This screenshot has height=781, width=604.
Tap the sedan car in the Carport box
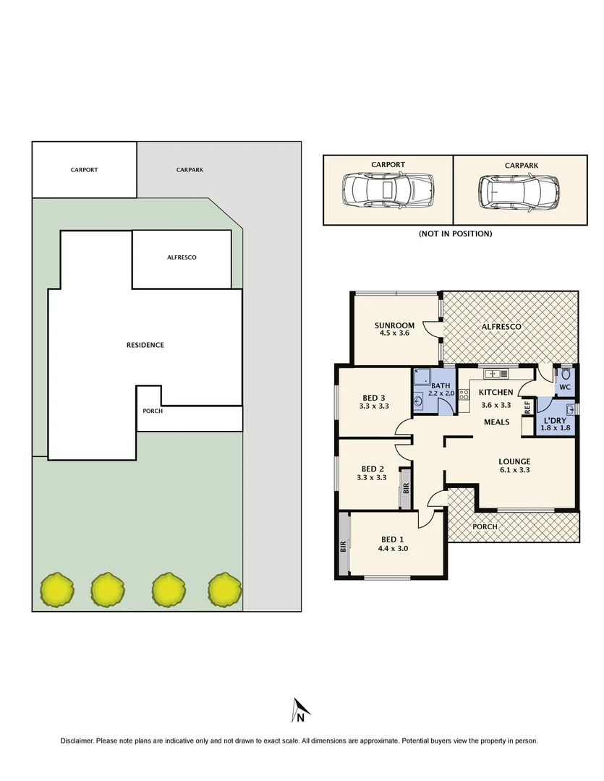[x=387, y=191]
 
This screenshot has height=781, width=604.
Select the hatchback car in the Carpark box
[x=519, y=192]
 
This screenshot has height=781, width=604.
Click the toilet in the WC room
[x=565, y=376]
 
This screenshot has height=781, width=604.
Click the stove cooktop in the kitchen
[x=464, y=396]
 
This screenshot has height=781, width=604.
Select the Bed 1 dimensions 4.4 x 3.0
[x=395, y=548]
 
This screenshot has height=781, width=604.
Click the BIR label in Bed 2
[x=406, y=488]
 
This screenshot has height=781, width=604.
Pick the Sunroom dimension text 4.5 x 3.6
[x=394, y=333]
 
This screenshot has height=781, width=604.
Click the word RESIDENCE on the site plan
[x=145, y=345]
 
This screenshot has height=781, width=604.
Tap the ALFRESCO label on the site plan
[x=182, y=257]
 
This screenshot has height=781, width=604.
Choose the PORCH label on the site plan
[x=153, y=411]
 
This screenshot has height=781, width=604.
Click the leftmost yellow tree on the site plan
[x=56, y=589]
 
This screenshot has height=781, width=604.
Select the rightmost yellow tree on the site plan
[x=223, y=589]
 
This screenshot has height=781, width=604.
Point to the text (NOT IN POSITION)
[x=455, y=234]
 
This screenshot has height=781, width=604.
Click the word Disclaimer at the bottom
[x=77, y=741]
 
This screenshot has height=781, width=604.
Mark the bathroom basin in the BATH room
[x=419, y=401]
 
